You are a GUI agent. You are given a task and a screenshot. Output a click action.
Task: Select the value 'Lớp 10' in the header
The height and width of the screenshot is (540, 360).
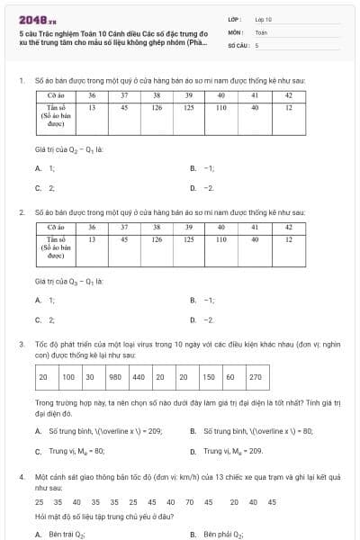tap(264, 18)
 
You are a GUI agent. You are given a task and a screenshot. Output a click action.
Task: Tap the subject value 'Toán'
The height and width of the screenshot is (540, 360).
tap(261, 31)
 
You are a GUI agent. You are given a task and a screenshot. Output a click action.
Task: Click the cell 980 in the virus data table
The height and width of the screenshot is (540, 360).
tap(114, 377)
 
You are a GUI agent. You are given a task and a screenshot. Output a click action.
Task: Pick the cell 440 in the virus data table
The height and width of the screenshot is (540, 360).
tap(138, 377)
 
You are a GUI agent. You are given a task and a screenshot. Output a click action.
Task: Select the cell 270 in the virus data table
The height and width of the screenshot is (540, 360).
tap(255, 377)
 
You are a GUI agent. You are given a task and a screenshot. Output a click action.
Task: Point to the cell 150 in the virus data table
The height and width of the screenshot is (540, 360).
tap(208, 377)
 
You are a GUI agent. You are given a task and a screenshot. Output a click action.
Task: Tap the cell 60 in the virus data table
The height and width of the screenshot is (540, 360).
tap(230, 377)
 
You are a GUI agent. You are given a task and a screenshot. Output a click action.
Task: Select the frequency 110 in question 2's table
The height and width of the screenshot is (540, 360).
tap(221, 240)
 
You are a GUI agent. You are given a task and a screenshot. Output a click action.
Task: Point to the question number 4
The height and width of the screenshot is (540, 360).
tap(21, 476)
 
